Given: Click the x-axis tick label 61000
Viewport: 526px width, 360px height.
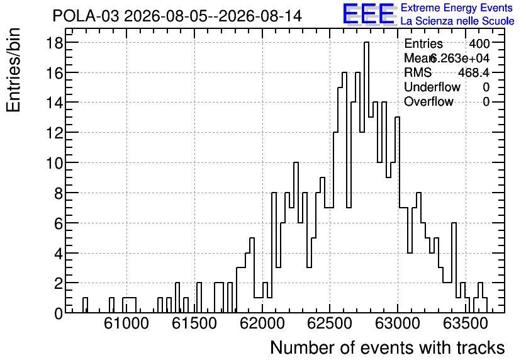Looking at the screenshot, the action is pos(126,323).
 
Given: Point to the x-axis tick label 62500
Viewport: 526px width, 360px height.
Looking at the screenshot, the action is pos(330,323).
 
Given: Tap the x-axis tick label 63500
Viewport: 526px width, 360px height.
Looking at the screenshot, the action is pos(465,323).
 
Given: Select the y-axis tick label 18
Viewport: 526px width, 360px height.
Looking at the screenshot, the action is pos(54,43).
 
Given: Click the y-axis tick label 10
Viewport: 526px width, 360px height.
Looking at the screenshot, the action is pos(54,163).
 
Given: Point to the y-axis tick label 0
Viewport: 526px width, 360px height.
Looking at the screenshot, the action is pos(59,313).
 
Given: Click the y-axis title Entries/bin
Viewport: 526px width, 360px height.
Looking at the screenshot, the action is pos(13,70).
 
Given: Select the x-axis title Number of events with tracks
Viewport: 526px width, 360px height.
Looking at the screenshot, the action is pos(388,347).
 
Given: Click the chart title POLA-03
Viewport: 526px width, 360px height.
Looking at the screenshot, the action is pos(86,16).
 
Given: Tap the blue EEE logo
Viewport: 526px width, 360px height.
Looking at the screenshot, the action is pos(369,14).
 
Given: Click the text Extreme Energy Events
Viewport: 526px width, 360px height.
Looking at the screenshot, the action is pos(457,8).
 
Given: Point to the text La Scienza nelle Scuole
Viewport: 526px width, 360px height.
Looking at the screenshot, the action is pos(457,21).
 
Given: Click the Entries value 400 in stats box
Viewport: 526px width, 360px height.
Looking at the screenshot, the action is pos(479,43).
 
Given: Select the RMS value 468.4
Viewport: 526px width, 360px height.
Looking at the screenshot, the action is pos(474,72).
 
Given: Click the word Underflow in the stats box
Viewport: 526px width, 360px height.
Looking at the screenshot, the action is pos(432,87).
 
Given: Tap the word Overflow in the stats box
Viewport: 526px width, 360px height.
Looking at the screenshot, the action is pos(428,101).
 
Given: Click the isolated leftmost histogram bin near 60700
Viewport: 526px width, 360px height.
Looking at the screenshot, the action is pos(85,305).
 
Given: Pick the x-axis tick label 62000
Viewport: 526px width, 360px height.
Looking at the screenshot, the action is pos(262,323).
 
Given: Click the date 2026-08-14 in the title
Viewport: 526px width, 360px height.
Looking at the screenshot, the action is pos(260,16).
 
